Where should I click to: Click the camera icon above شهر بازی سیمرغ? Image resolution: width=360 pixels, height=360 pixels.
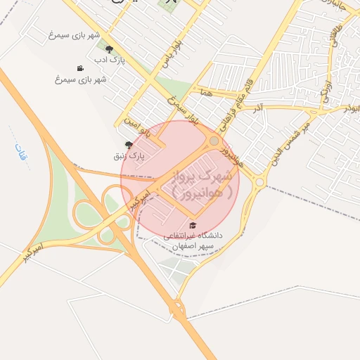[81, 68]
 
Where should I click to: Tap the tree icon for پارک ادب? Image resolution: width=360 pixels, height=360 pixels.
[109, 49]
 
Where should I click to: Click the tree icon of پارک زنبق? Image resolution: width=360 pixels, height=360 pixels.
[129, 144]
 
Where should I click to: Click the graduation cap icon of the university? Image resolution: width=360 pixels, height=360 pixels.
[193, 224]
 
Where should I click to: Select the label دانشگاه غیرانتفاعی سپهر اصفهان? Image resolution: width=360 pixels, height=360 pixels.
[193, 241]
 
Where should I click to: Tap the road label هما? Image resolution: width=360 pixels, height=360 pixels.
[205, 92]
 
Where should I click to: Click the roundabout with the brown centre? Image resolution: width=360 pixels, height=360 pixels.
[214, 141]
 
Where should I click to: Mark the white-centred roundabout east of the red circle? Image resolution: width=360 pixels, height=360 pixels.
[259, 182]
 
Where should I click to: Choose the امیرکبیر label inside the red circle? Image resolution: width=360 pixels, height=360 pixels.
[140, 200]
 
